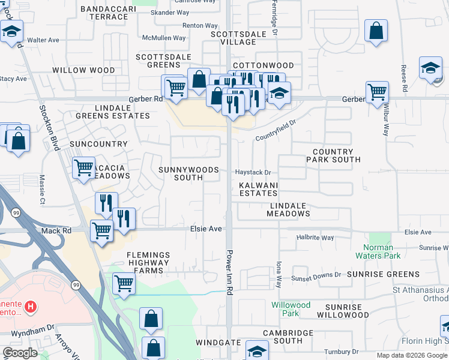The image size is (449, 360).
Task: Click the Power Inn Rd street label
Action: point(229,272)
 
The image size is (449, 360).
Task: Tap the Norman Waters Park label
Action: point(378,251)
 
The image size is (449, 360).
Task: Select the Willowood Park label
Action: point(291,309)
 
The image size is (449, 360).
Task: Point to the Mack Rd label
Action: point(56,230)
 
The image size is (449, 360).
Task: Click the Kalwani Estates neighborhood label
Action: point(258,190)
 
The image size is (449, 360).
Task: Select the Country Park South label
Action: point(333,156)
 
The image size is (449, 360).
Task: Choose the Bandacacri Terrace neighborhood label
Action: point(104,13)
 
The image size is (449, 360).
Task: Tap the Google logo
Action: point(20,353)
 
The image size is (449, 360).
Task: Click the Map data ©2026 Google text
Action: point(411,355)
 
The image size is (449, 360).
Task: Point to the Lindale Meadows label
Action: point(288,209)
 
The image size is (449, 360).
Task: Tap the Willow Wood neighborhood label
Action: point(83,70)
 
